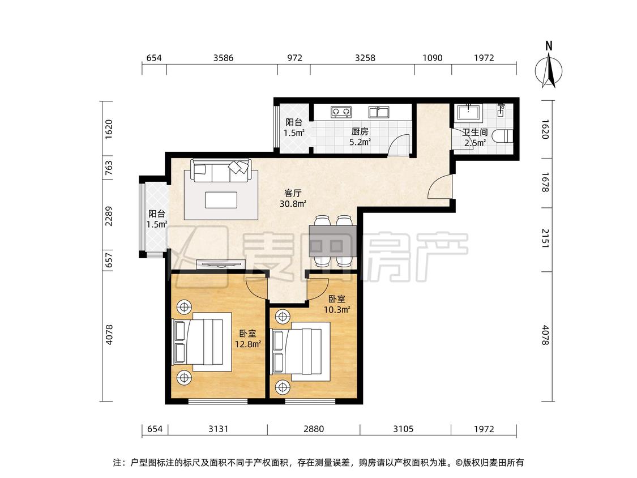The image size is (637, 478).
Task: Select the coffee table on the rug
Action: pyautogui.click(x=221, y=200)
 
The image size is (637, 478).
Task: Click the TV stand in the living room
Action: pyautogui.click(x=221, y=263)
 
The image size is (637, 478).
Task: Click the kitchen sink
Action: pyautogui.click(x=378, y=112)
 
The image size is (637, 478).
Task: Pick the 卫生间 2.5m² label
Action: pyautogui.click(x=474, y=138)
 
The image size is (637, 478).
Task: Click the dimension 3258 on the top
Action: pyautogui.click(x=365, y=58)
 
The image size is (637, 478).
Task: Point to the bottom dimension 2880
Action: pyautogui.click(x=313, y=429)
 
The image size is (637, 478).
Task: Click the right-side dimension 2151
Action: pyautogui.click(x=546, y=238)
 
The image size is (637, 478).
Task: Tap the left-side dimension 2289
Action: pyautogui.click(x=110, y=215)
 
